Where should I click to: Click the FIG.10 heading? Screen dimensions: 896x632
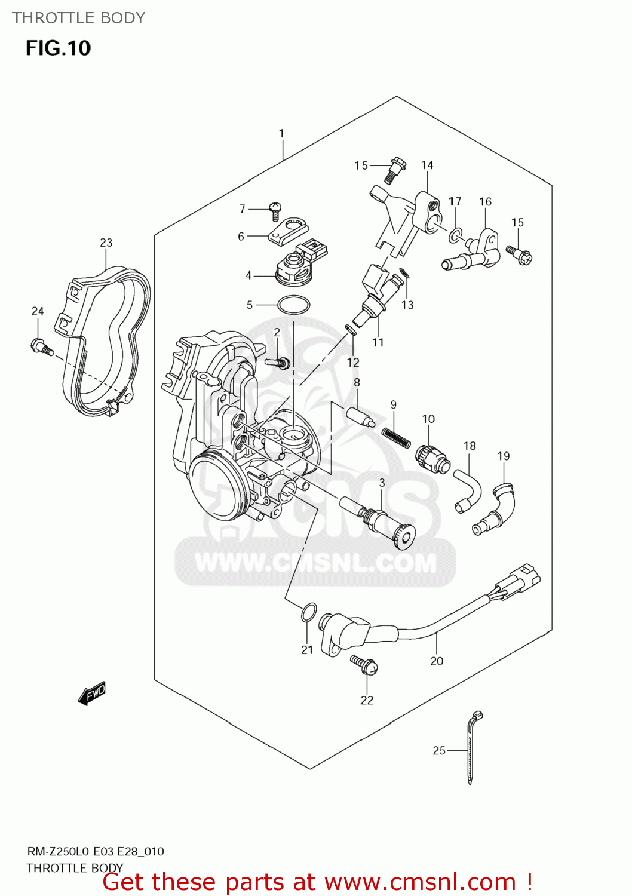pyautogui.click(x=58, y=48)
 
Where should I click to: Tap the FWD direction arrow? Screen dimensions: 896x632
pyautogui.click(x=92, y=694)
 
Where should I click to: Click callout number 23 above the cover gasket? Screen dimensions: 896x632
pyautogui.click(x=106, y=243)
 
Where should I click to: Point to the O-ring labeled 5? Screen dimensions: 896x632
pyautogui.click(x=293, y=305)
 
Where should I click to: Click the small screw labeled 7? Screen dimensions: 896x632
pyautogui.click(x=275, y=210)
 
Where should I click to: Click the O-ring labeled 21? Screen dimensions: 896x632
pyautogui.click(x=308, y=612)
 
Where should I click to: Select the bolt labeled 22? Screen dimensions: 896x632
pyautogui.click(x=364, y=663)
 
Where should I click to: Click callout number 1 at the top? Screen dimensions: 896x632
pyautogui.click(x=281, y=133)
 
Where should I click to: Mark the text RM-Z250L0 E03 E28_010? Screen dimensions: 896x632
pyautogui.click(x=96, y=851)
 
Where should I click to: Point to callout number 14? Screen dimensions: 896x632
pyautogui.click(x=427, y=165)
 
